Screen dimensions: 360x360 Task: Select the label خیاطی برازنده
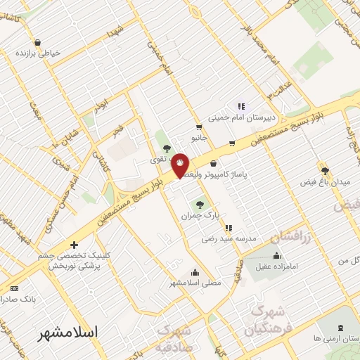(41, 53)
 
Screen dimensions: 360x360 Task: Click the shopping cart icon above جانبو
(200, 127)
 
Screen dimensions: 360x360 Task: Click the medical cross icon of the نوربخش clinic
(74, 246)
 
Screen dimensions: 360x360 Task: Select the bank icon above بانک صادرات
(15, 289)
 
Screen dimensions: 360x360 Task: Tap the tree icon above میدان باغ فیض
(325, 170)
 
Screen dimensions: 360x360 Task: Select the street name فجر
(117, 131)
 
